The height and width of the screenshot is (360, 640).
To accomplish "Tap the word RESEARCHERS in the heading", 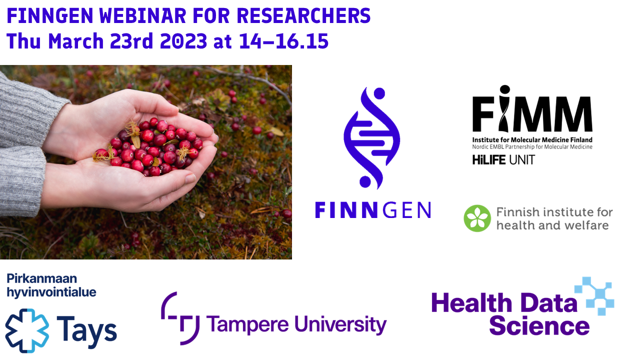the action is pyautogui.click(x=303, y=16).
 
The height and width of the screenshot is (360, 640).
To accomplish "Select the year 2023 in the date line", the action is pyautogui.click(x=183, y=41).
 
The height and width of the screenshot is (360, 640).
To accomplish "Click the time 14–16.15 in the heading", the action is pyautogui.click(x=283, y=41).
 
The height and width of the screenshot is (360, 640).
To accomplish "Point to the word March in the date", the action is pyautogui.click(x=75, y=41).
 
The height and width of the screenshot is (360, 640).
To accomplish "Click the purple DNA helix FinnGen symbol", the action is pyautogui.click(x=372, y=138).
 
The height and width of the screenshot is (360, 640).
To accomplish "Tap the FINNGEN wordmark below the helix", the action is pyautogui.click(x=373, y=210).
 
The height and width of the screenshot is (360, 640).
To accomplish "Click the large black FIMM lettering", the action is pyautogui.click(x=532, y=109).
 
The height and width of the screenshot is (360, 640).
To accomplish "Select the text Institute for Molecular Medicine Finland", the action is pyautogui.click(x=532, y=139).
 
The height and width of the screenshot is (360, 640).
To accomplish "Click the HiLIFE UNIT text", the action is pyautogui.click(x=503, y=160).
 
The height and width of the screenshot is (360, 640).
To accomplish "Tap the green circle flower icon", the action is pyautogui.click(x=477, y=218).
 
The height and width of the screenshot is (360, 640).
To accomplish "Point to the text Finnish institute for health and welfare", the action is pyautogui.click(x=554, y=219).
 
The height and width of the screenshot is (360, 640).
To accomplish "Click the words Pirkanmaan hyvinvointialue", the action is pyautogui.click(x=51, y=285).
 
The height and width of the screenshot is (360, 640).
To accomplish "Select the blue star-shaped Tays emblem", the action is pyautogui.click(x=27, y=330).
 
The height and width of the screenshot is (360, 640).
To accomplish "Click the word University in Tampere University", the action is pyautogui.click(x=340, y=325).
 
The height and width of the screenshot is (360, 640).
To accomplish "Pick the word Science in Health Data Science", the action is pyautogui.click(x=539, y=325).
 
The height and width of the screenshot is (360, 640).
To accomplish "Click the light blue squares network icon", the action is pyautogui.click(x=595, y=295).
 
